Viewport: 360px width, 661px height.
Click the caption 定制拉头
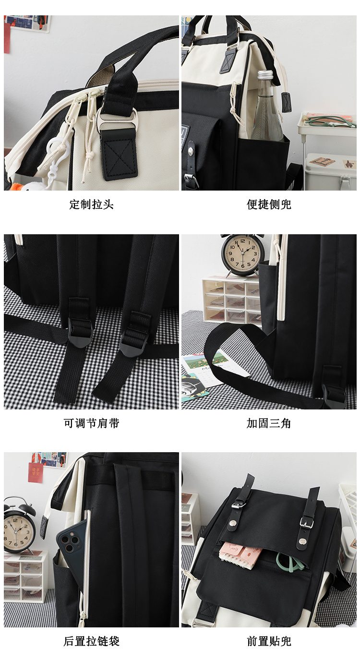pyautogui.click(x=92, y=204)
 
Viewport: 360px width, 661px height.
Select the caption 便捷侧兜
pyautogui.click(x=269, y=204)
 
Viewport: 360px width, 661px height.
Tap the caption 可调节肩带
pyautogui.click(x=92, y=423)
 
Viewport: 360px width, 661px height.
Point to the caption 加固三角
pyautogui.click(x=269, y=423)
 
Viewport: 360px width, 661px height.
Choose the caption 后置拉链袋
pyautogui.click(x=92, y=641)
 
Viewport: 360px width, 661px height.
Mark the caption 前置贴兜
pyautogui.click(x=269, y=641)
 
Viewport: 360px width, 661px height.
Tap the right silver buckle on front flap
pyautogui.click(x=306, y=523)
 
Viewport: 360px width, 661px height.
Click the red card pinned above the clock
pyautogui.click(x=36, y=473)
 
